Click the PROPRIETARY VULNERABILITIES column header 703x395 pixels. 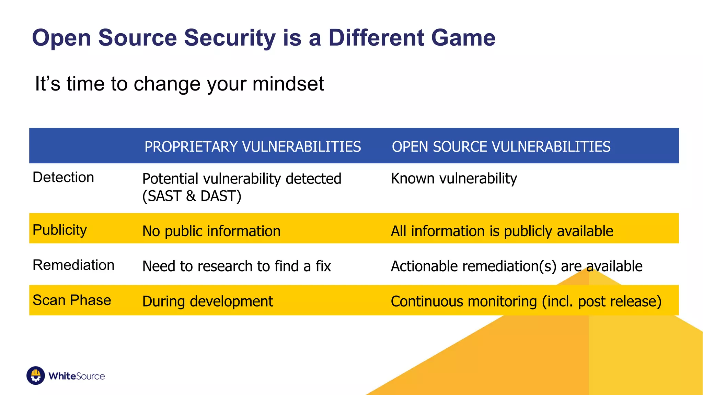pyautogui.click(x=253, y=147)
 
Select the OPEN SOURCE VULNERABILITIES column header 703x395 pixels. pyautogui.click(x=501, y=147)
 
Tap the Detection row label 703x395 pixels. pyautogui.click(x=63, y=178)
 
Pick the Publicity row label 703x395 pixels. pyautogui.click(x=60, y=230)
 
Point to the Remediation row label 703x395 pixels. pyautogui.click(x=73, y=265)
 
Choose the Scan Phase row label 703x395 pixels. pyautogui.click(x=72, y=300)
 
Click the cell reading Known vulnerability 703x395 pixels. pyautogui.click(x=454, y=179)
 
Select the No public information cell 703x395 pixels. pyautogui.click(x=211, y=231)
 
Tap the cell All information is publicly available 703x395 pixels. pyautogui.click(x=502, y=231)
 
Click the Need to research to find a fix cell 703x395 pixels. pyautogui.click(x=237, y=266)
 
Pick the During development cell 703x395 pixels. pyautogui.click(x=208, y=301)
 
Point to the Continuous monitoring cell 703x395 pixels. pyautogui.click(x=526, y=301)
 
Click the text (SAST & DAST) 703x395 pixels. pyautogui.click(x=192, y=196)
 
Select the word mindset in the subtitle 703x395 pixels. pyautogui.click(x=288, y=84)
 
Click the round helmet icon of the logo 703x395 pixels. pyautogui.click(x=36, y=375)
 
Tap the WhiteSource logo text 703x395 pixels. pyautogui.click(x=77, y=376)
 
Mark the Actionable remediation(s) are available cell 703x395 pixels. pyautogui.click(x=517, y=266)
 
